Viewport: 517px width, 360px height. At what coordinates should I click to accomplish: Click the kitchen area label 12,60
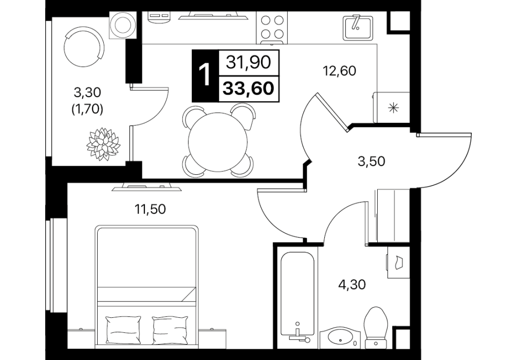(x=340, y=71)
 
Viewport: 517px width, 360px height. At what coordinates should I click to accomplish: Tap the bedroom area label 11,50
(x=150, y=209)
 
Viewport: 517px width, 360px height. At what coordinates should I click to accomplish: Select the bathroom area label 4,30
(x=352, y=284)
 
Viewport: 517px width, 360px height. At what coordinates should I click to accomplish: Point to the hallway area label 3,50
(x=372, y=161)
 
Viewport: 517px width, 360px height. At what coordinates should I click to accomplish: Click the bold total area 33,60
(x=249, y=88)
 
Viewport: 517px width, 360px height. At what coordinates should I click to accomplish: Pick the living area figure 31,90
(x=249, y=62)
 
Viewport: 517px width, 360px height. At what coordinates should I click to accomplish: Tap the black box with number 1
(x=205, y=76)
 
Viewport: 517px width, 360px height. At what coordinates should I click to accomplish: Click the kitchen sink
(x=358, y=27)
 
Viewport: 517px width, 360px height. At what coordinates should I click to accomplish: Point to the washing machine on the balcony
(x=123, y=25)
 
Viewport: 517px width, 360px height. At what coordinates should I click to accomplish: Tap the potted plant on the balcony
(x=103, y=144)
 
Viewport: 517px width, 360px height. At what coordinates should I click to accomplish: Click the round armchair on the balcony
(x=84, y=47)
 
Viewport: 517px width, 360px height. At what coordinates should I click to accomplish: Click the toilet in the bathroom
(x=376, y=327)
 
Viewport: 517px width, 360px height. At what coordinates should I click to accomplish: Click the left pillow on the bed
(x=123, y=330)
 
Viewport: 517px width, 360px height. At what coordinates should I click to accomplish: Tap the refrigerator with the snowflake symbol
(x=392, y=107)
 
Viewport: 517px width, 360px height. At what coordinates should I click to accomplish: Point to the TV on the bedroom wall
(x=147, y=187)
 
